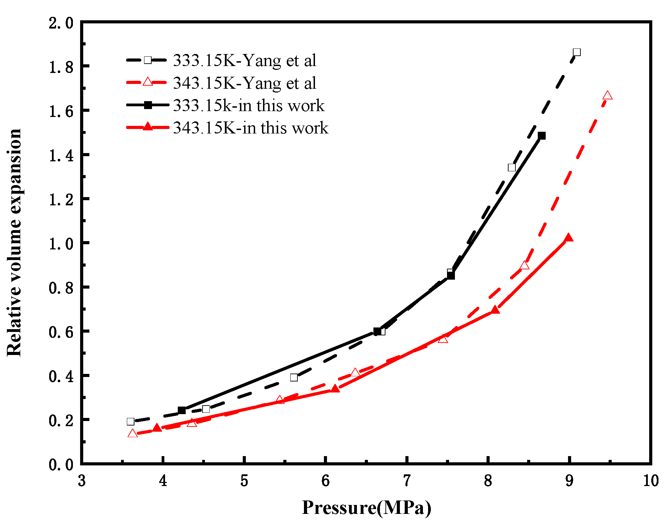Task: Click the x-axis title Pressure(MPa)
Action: [x=366, y=508]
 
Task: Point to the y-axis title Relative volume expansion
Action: [x=14, y=243]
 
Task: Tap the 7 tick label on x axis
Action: [x=407, y=481]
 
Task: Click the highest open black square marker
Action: [x=577, y=52]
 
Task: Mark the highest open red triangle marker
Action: [x=607, y=96]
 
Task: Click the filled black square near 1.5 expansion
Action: [x=542, y=136]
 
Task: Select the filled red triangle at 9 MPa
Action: [x=569, y=238]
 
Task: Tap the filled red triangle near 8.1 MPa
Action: [x=495, y=310]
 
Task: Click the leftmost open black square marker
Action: [x=130, y=421]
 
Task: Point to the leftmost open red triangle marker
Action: [x=132, y=433]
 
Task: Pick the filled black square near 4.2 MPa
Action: [x=182, y=410]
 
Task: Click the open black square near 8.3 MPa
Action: [x=512, y=168]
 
